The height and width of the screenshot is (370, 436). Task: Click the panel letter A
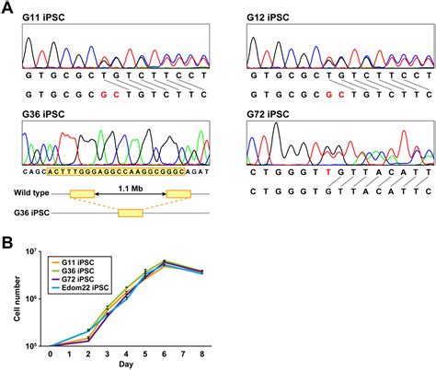tap(8, 7)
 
